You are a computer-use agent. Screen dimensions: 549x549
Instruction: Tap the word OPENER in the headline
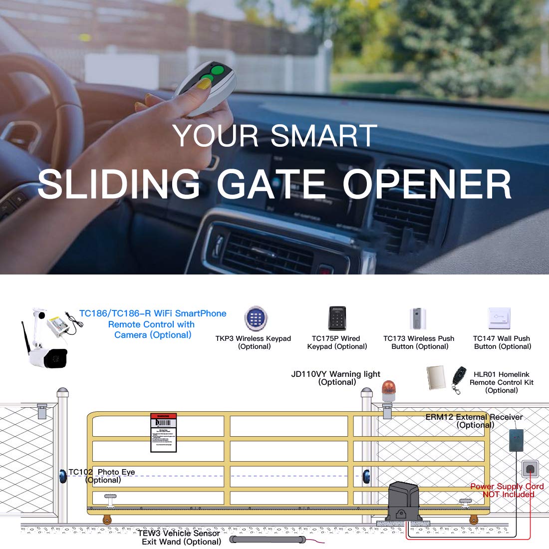click(x=427, y=184)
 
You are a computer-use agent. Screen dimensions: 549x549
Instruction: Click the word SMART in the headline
click(x=324, y=135)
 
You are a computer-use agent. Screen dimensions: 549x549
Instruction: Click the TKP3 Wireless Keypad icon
click(x=255, y=318)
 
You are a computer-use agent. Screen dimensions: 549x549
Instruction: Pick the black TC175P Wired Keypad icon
click(x=337, y=318)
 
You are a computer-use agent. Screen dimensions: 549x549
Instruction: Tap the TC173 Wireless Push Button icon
click(x=418, y=319)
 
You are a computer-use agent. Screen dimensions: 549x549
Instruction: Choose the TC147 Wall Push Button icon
click(x=500, y=318)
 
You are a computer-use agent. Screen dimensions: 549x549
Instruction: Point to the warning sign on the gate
click(x=164, y=432)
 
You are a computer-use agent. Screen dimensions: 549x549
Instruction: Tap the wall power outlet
click(x=529, y=470)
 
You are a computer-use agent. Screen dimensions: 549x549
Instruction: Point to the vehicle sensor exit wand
click(x=268, y=539)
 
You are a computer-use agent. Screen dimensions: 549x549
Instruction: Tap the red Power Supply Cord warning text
click(x=507, y=490)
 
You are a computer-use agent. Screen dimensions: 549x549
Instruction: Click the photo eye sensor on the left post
click(x=63, y=476)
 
